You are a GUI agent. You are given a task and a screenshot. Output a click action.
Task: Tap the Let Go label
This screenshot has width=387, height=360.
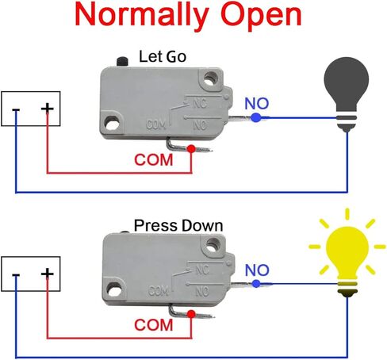click(163, 56)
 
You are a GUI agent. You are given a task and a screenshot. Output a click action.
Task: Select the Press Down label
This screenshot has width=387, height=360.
click(178, 225)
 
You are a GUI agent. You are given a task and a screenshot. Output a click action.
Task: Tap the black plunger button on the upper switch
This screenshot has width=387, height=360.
click(122, 62)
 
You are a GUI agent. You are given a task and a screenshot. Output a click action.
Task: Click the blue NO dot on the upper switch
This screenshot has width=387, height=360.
click(255, 117)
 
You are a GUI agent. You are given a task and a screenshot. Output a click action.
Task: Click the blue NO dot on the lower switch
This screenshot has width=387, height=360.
click(256, 284)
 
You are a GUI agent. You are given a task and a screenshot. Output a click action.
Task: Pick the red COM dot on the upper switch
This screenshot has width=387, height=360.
click(191, 149)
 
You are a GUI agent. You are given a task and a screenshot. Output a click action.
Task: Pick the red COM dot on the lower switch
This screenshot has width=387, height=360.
click(191, 314)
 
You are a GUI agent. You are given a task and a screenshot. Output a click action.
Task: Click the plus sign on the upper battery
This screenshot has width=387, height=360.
click(48, 108)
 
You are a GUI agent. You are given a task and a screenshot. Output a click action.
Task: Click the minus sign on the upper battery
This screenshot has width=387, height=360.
click(16, 110)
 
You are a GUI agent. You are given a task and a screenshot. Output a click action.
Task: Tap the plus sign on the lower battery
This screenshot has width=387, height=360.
click(48, 273)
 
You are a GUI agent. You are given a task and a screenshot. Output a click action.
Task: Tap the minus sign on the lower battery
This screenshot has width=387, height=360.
click(16, 275)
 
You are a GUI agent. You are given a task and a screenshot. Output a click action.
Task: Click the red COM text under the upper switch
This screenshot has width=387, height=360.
click(154, 160)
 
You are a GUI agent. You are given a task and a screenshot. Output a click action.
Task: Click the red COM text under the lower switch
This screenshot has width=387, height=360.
click(154, 325)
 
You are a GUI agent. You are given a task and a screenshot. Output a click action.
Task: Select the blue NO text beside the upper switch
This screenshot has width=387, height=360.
click(257, 104)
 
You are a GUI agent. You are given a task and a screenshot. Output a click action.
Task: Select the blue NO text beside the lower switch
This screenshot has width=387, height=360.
click(257, 270)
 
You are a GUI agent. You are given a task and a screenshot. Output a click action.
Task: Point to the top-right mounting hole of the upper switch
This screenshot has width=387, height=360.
click(210, 79)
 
